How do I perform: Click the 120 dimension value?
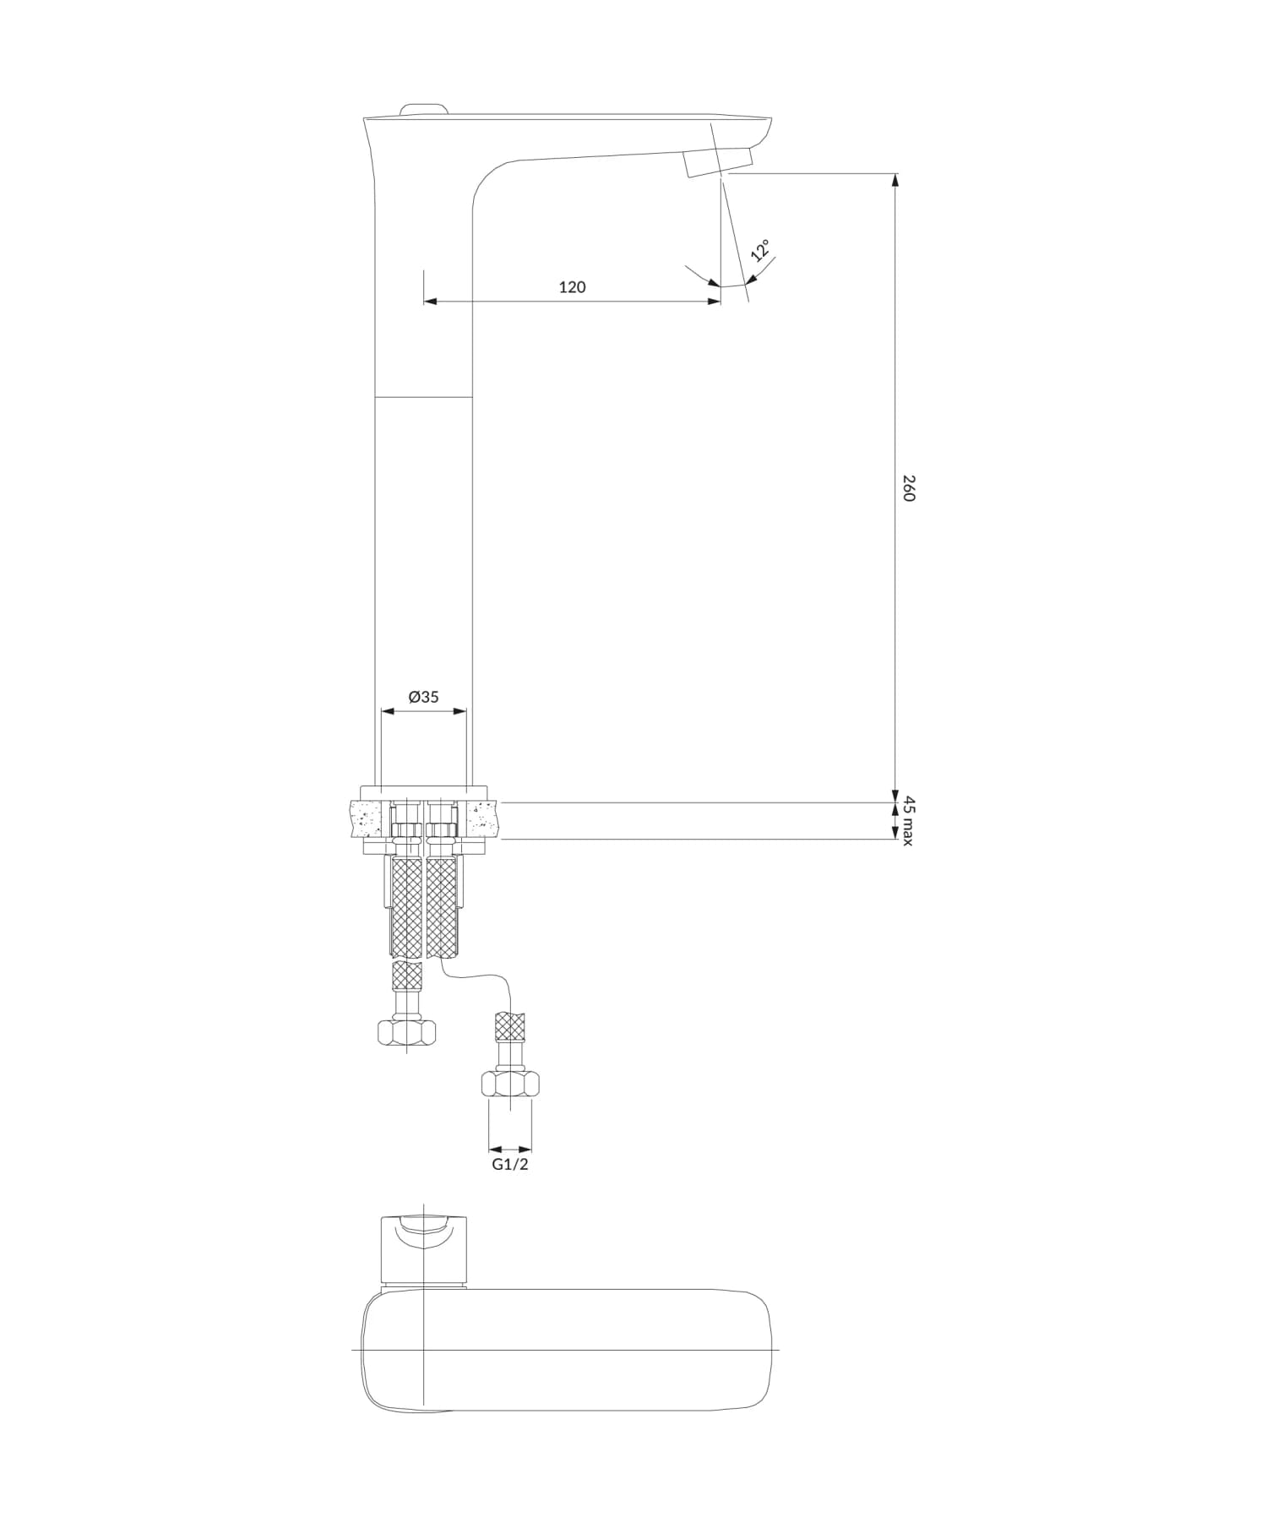pyautogui.click(x=572, y=287)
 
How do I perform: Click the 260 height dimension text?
pyautogui.click(x=909, y=488)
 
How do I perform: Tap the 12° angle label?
pyautogui.click(x=760, y=250)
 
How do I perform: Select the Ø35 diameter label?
pyautogui.click(x=423, y=697)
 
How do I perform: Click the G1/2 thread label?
pyautogui.click(x=510, y=1164)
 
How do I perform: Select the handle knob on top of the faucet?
pyautogui.click(x=424, y=109)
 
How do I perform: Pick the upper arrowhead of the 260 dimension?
pyautogui.click(x=895, y=179)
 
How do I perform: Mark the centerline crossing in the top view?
pyautogui.click(x=422, y=1350)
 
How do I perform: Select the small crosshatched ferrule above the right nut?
pyautogui.click(x=510, y=1026)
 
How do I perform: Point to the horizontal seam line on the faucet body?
pyautogui.click(x=422, y=396)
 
